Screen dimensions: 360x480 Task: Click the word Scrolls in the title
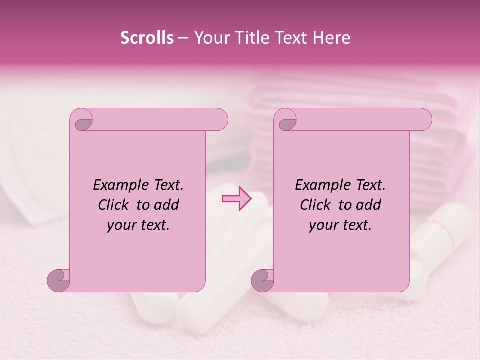coord(147,38)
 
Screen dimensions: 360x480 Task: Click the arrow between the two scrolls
coord(237,199)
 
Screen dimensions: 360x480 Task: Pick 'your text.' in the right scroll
coord(340,225)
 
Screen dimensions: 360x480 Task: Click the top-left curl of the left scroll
coord(82,120)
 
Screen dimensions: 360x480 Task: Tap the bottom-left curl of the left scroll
coord(59,280)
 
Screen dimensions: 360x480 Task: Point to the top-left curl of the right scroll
coord(286,120)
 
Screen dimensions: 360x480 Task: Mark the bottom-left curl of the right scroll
coord(263,280)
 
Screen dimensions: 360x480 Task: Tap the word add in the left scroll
coord(166,205)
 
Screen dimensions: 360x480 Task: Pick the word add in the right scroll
coord(368,205)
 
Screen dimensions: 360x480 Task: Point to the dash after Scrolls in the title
coord(183,38)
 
